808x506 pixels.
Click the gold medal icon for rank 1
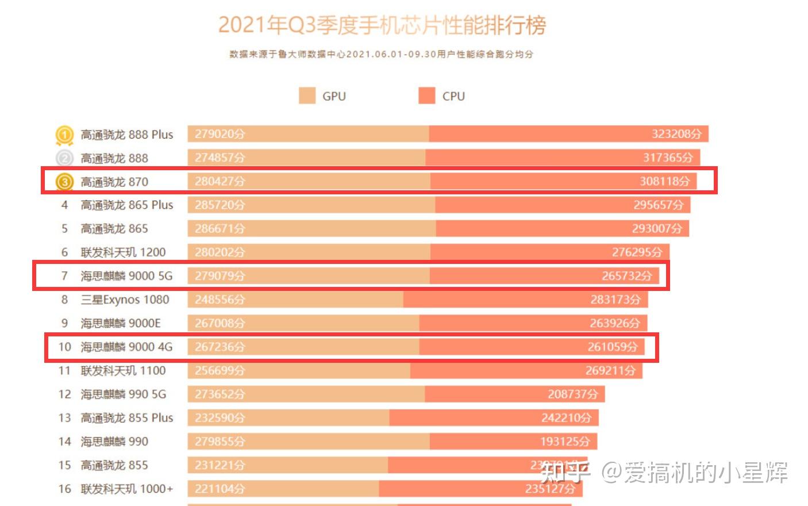64,135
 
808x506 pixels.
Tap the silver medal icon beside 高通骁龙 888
64,158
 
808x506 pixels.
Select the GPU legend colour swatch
307,96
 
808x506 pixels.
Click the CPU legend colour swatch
427,96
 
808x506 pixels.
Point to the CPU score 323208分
676,134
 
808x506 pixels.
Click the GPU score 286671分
220,228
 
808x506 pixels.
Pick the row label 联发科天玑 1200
123,252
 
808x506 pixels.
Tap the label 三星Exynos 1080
125,300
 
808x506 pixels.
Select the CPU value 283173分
615,300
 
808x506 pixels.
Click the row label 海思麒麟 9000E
121,323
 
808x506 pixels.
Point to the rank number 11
64,371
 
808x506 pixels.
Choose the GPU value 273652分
220,394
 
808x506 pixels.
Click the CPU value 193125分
565,442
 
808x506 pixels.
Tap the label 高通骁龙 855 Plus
126,418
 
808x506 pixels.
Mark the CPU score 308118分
665,182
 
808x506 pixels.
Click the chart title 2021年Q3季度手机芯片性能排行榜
382,25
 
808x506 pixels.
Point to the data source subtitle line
382,54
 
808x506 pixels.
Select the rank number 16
64,489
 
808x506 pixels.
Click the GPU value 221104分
220,489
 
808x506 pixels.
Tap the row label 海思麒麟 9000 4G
126,347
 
